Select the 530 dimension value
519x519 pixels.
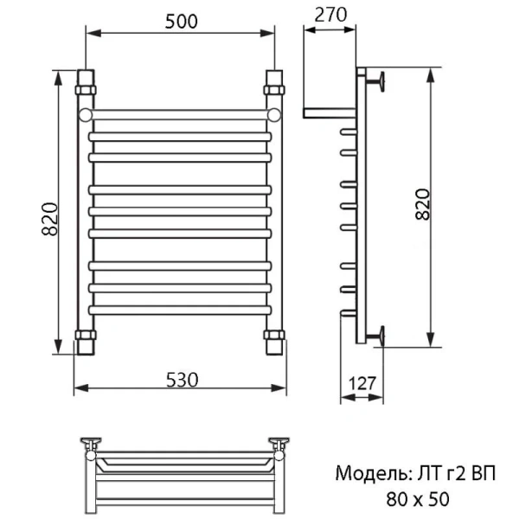coord(183,379)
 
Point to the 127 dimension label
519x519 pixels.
coord(363,381)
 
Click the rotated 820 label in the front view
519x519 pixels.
coord(49,220)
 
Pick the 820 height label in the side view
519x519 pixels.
coord(421,205)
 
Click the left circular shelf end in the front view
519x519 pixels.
coord(86,114)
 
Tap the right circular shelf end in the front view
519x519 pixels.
coord(274,114)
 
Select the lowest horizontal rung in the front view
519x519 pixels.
coord(180,309)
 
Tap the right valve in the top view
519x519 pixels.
coord(280,445)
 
